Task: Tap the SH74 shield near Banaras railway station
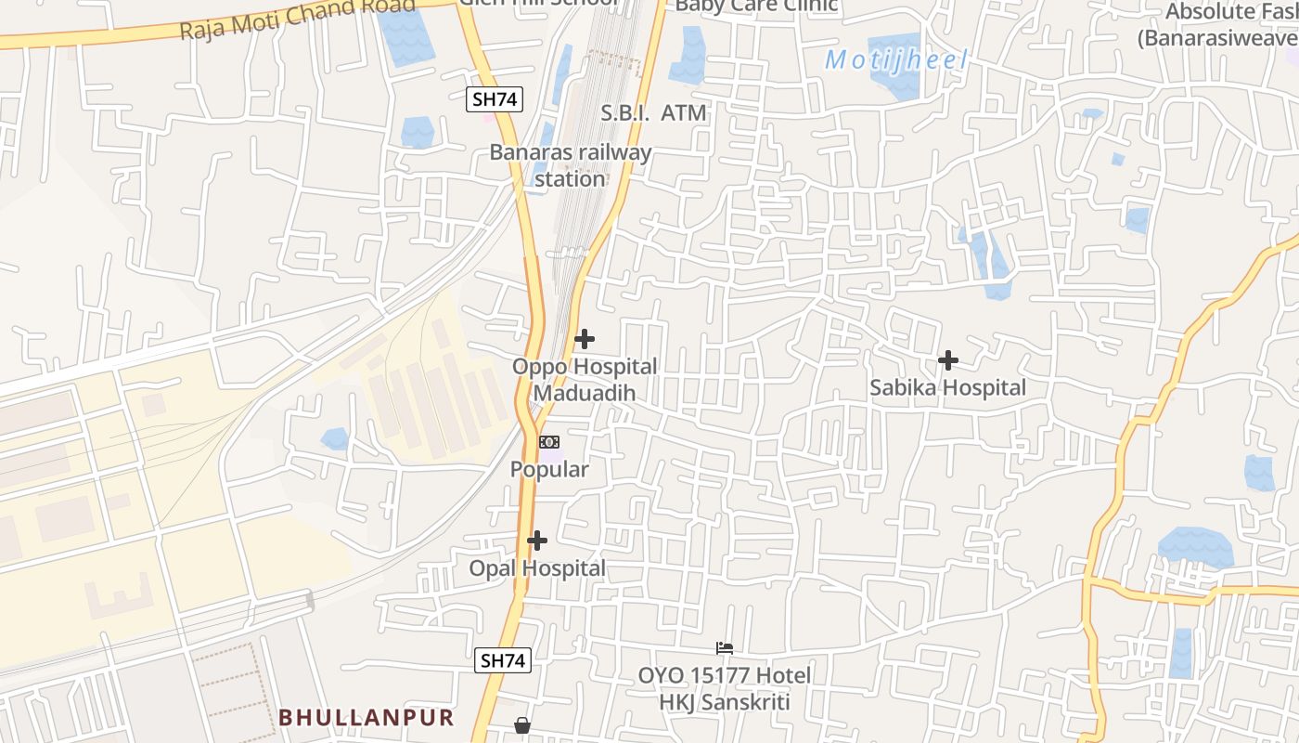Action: tap(495, 99)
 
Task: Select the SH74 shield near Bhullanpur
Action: tap(503, 660)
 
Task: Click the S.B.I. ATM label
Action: tap(653, 113)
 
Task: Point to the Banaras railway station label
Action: tap(571, 165)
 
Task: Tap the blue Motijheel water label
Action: tap(896, 61)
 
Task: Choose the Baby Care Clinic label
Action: tap(756, 6)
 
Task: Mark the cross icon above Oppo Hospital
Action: tap(585, 339)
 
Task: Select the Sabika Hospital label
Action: tap(947, 388)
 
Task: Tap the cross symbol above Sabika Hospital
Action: tap(948, 359)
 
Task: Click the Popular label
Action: tap(549, 470)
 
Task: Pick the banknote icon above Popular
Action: tap(549, 441)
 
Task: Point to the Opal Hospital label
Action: tap(537, 568)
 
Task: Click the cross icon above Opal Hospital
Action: tap(537, 541)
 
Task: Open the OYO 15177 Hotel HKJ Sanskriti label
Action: tap(724, 688)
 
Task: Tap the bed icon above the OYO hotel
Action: tap(725, 647)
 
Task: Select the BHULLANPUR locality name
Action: tap(367, 718)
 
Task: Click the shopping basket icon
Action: tap(522, 724)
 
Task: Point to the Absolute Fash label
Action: tap(1229, 25)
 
